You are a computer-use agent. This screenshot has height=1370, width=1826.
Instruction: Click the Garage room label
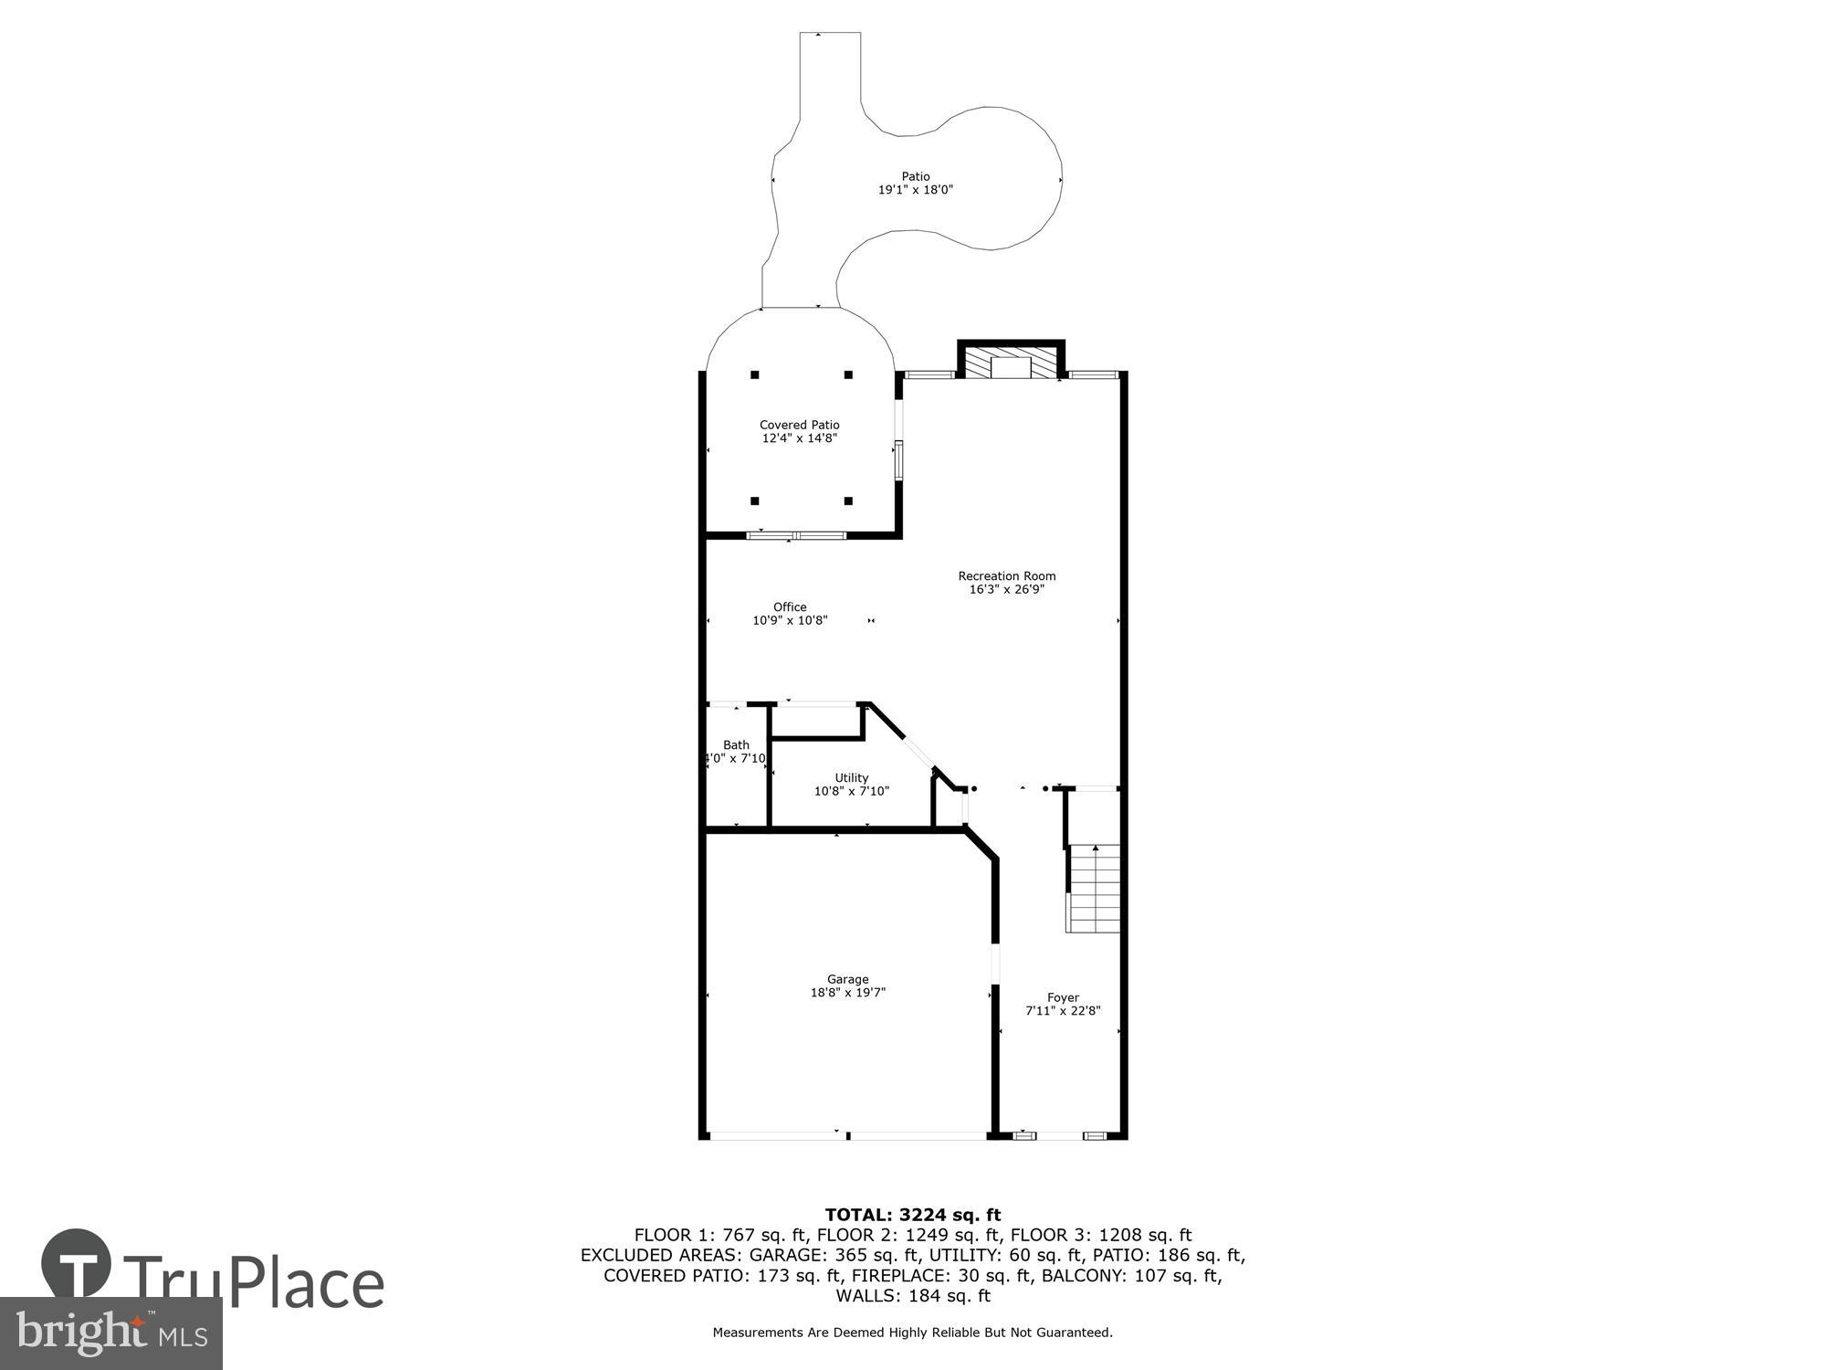tap(847, 979)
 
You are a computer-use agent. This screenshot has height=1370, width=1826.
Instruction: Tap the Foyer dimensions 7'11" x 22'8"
tap(1063, 1011)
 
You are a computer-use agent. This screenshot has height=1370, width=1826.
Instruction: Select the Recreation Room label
tap(1006, 575)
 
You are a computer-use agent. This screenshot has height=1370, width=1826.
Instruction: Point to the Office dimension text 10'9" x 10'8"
tap(790, 620)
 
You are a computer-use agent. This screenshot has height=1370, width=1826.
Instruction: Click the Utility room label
tap(851, 777)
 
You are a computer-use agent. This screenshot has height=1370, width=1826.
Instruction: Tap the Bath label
tap(736, 744)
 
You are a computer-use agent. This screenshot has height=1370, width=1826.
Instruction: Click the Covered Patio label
tap(799, 425)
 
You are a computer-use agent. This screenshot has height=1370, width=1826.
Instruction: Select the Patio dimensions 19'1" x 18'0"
tap(915, 190)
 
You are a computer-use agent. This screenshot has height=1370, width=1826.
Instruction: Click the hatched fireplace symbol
tap(1011, 362)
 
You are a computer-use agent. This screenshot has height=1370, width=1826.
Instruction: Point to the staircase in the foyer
tap(1093, 887)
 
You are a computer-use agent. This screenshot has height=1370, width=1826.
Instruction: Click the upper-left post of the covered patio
tap(755, 374)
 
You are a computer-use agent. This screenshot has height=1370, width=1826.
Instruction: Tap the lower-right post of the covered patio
tap(848, 501)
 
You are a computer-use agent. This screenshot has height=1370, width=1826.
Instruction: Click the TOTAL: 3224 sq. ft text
tap(912, 1215)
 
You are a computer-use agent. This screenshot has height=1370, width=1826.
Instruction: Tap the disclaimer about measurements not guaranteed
tap(912, 1333)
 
